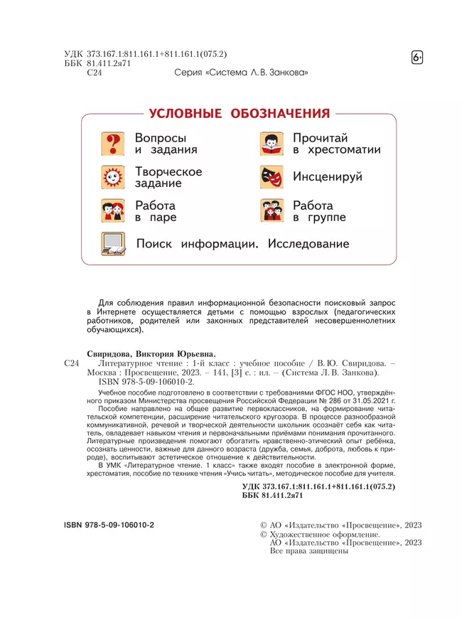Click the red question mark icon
(113, 144)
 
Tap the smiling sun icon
(113, 177)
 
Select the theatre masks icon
(272, 178)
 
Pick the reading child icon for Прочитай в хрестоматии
(272, 144)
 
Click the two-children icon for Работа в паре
(113, 211)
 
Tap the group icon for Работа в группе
(272, 211)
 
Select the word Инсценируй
(328, 177)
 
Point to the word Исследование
(308, 244)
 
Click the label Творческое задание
(168, 177)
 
